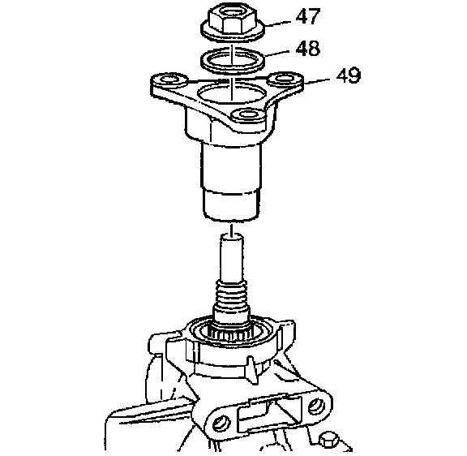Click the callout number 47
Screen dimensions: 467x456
pos(308,16)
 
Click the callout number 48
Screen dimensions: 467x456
pos(307,48)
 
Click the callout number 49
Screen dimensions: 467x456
pos(349,75)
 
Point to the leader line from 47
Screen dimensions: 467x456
pos(277,24)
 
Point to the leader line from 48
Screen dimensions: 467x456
pos(277,53)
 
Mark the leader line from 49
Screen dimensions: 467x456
pos(318,81)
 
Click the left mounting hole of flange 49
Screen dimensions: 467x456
pos(169,80)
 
